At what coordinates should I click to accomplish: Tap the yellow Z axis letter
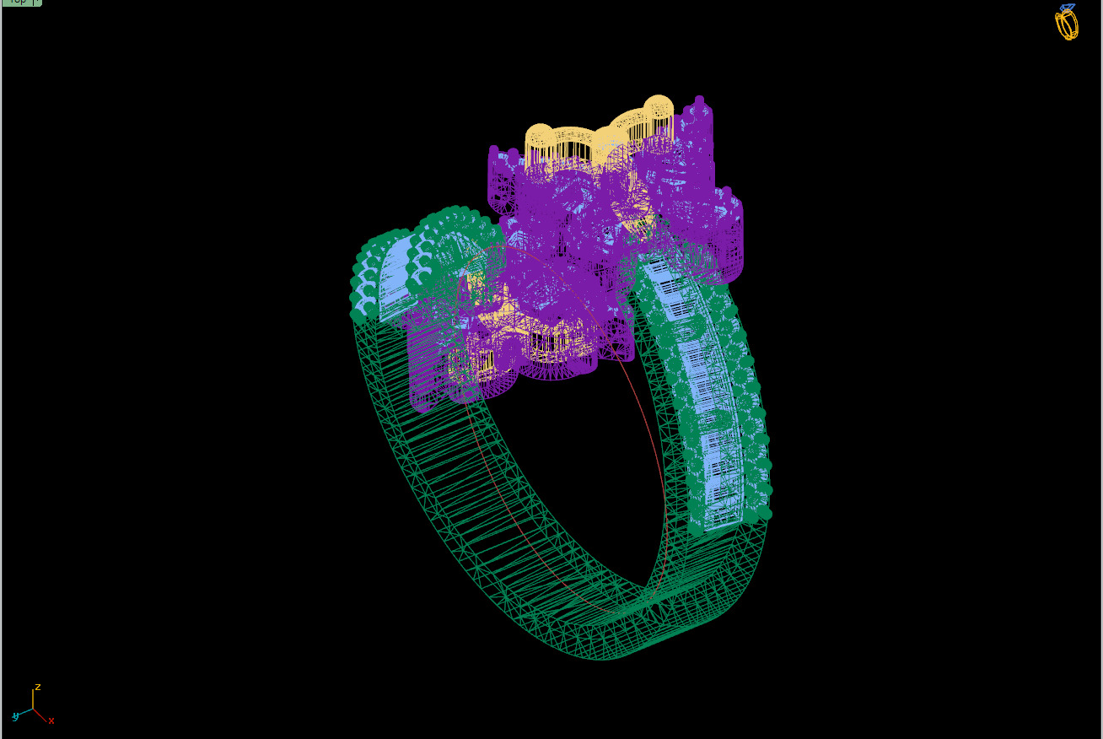coord(38,688)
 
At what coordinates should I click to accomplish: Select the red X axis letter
coord(51,720)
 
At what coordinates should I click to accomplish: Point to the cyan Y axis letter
coord(15,716)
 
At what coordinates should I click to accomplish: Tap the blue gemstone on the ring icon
coord(1068,8)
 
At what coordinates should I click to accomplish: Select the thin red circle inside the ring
coord(649,439)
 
